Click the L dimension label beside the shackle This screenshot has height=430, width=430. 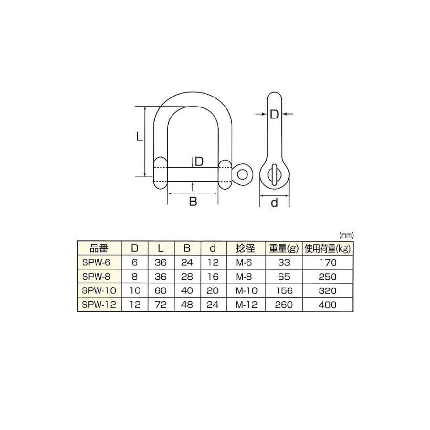140,136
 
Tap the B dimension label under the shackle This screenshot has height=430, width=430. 193,202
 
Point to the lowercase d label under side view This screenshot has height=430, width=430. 274,203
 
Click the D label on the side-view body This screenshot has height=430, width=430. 274,115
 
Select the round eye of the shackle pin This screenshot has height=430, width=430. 242,174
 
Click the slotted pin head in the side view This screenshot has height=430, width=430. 274,175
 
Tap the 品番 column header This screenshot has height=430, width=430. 99,248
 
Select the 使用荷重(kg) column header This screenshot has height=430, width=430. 328,248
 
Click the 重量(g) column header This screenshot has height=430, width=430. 284,248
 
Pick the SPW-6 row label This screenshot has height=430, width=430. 96,263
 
